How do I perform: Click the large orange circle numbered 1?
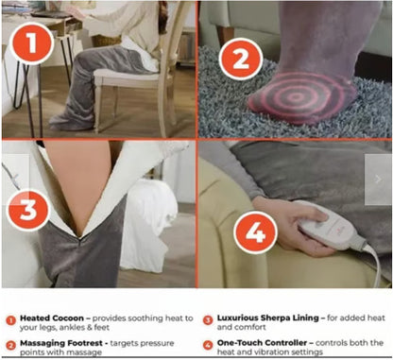31,43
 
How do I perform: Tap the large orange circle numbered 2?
241,60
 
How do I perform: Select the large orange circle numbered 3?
28,210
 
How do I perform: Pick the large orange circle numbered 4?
255,232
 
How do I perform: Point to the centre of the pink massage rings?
295,97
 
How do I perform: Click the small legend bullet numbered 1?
10,321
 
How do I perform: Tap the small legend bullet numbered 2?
10,346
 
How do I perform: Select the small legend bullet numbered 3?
208,320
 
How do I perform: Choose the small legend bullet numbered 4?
208,345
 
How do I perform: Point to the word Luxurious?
236,317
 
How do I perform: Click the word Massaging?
41,343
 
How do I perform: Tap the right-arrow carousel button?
378,180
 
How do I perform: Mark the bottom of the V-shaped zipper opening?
79,238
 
